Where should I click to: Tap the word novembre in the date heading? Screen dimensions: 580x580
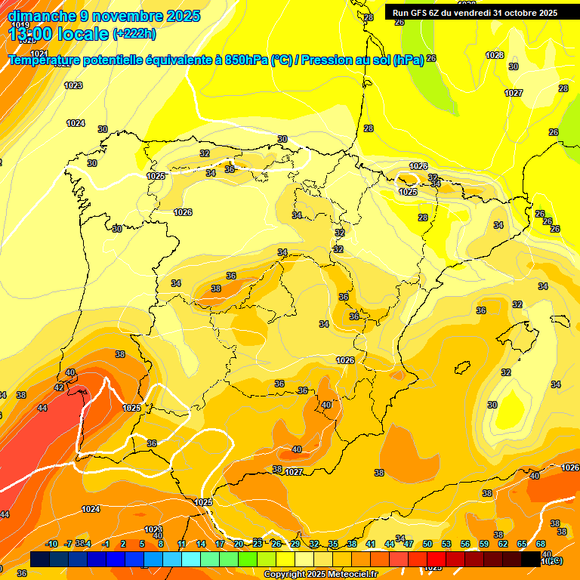(125, 15)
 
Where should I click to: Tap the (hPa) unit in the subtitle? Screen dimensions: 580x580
(408, 60)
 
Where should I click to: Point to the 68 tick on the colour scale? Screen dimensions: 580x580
(541, 544)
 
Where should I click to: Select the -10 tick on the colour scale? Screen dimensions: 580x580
(51, 544)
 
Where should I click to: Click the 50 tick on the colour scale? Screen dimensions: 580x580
(427, 544)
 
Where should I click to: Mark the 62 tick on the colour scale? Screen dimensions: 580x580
(503, 544)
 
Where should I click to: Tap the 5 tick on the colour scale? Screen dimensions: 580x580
(142, 544)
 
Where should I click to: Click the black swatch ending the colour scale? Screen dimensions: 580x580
(531, 559)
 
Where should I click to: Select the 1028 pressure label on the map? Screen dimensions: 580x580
(495, 55)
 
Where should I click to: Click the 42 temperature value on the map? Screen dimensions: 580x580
(59, 387)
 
